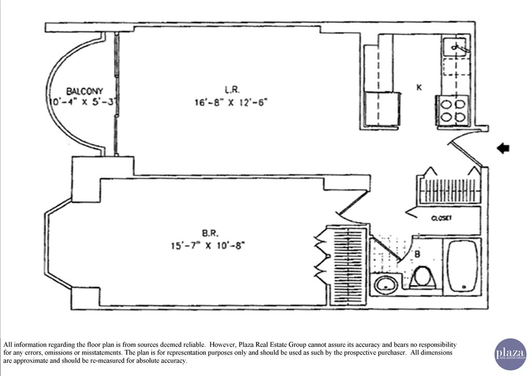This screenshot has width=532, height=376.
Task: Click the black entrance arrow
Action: [x=503, y=149]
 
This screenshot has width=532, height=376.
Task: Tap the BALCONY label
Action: [x=85, y=90]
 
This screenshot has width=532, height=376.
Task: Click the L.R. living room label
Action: [x=232, y=89]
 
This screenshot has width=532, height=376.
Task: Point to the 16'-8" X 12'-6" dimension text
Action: [x=231, y=102]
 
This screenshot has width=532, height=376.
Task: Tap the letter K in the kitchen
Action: [x=418, y=87]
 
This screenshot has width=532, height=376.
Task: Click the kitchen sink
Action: [x=457, y=47]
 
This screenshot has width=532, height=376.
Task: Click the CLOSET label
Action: [x=442, y=218]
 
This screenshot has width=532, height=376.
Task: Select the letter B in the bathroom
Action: [x=418, y=254]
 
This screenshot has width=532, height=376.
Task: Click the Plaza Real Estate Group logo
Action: [x=510, y=354]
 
